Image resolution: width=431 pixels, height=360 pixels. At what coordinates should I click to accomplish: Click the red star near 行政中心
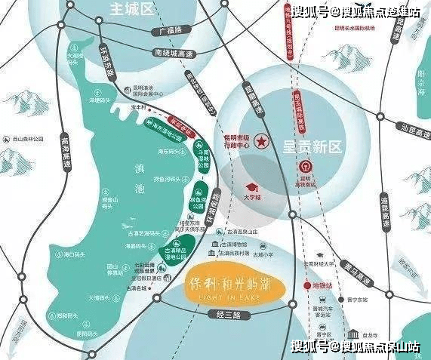pyautogui.click(x=262, y=140)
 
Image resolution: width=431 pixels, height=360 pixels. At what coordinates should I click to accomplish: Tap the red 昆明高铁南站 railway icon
pyautogui.click(x=306, y=165)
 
